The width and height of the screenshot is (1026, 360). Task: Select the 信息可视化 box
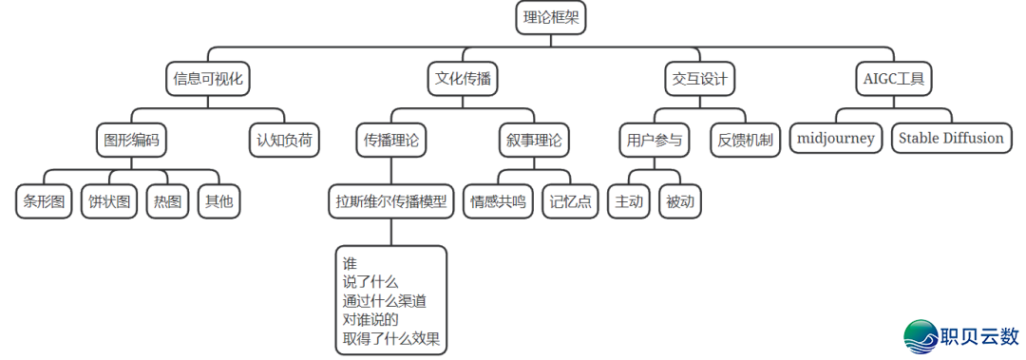pos(205,78)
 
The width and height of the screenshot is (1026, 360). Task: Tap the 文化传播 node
pos(463,78)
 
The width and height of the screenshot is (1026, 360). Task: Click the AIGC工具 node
pos(893,78)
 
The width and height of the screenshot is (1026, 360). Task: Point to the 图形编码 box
pos(131,141)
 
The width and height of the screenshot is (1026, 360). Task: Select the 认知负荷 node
pos(284,141)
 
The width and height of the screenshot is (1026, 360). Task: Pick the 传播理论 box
pos(391,141)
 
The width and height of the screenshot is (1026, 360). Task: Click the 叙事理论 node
pos(533,141)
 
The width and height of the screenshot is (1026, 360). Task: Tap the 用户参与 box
pos(655,141)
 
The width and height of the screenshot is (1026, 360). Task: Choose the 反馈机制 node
pos(746,141)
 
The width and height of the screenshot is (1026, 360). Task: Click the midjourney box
pos(836,139)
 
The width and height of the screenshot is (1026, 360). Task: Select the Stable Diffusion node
pos(951,139)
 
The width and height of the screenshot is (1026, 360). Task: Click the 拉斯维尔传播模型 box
pos(390,201)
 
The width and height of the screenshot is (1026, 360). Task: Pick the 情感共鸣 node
pos(500,201)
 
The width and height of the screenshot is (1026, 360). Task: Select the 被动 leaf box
pos(680,201)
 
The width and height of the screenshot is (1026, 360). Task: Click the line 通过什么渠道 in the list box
pos(385,301)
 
